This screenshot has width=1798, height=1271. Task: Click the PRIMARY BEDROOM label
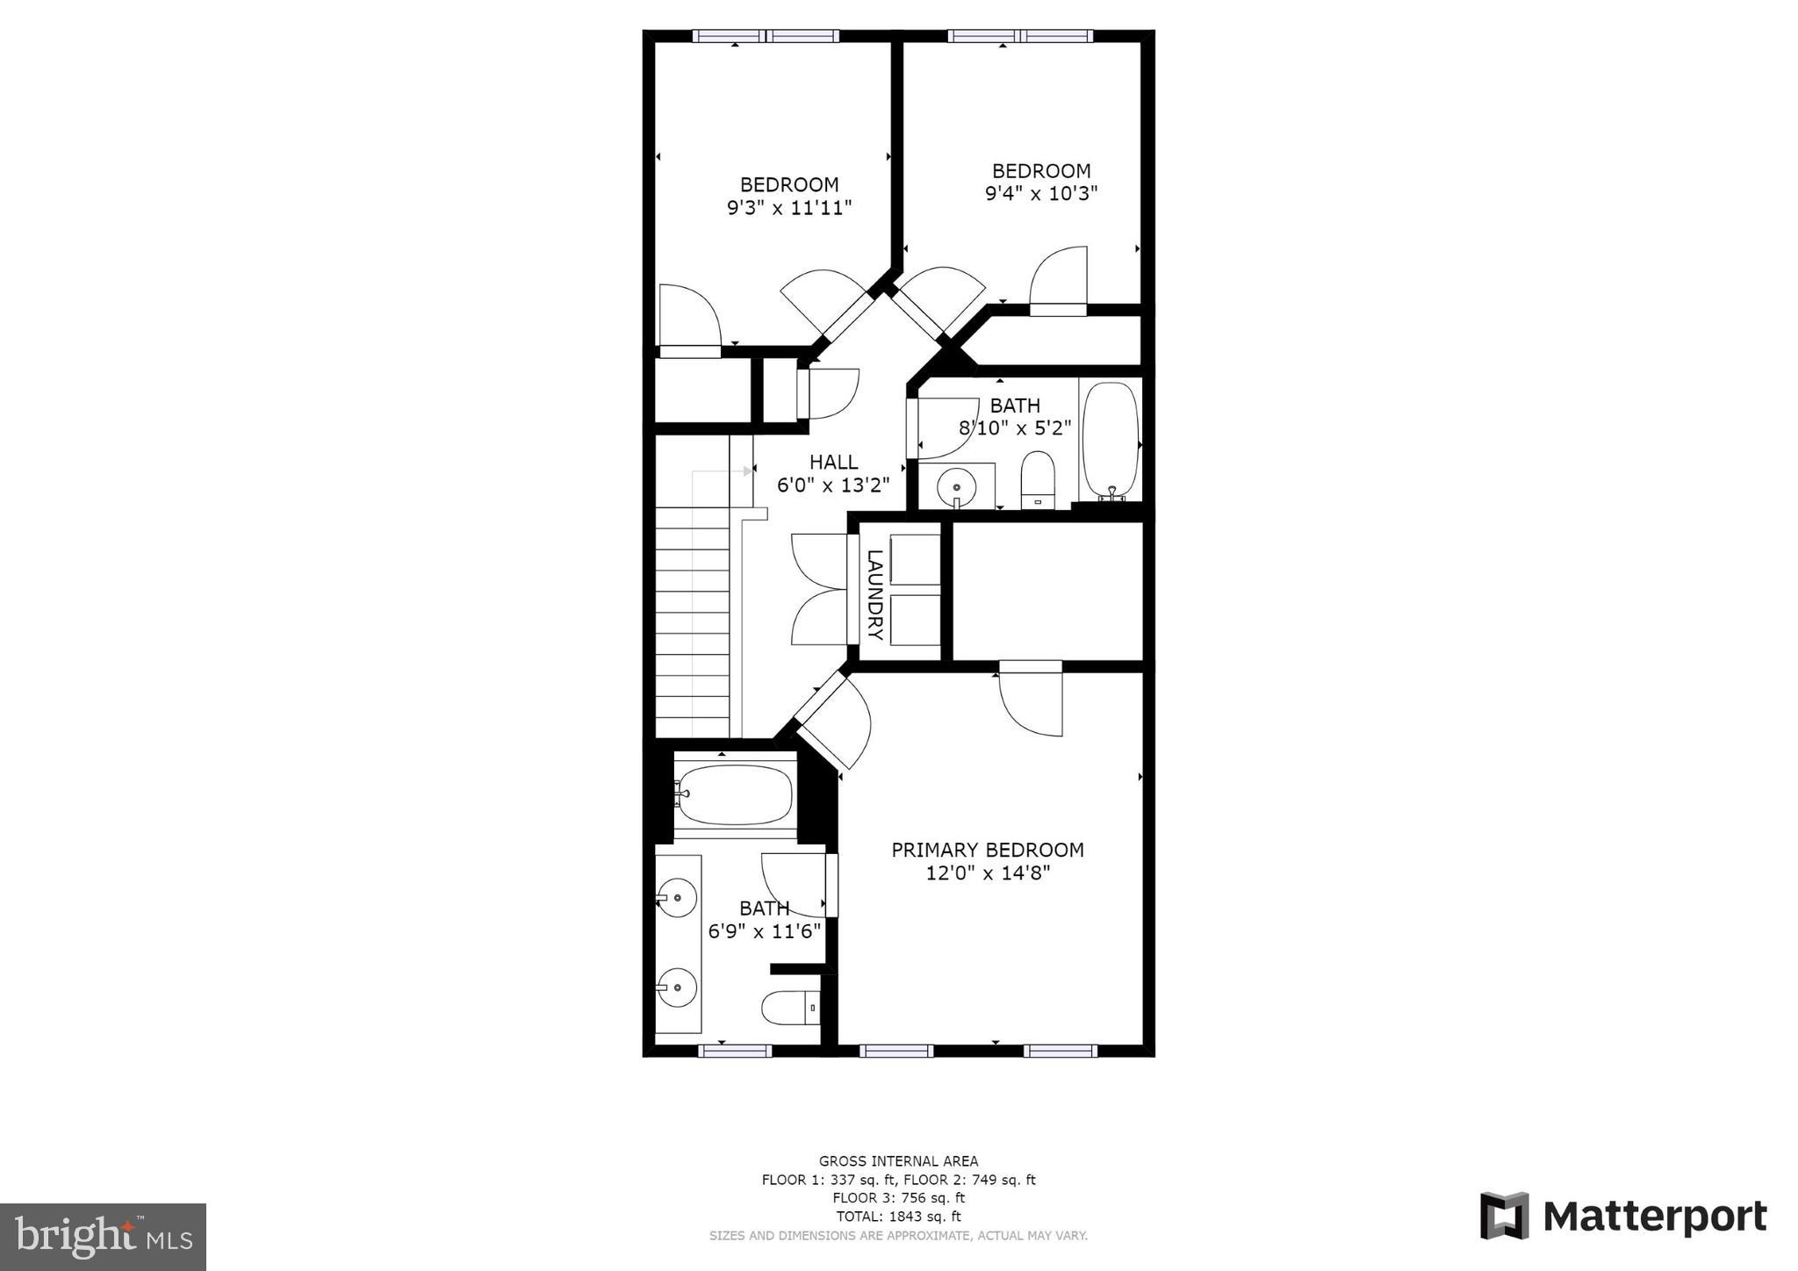pyautogui.click(x=988, y=850)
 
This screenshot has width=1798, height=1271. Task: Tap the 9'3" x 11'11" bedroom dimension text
pyautogui.click(x=789, y=208)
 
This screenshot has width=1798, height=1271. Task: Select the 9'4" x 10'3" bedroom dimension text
pyautogui.click(x=1041, y=193)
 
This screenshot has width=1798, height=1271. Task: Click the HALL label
pyautogui.click(x=833, y=462)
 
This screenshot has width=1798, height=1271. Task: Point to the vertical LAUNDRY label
pyautogui.click(x=874, y=594)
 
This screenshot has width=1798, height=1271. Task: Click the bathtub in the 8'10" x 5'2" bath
pyautogui.click(x=1111, y=441)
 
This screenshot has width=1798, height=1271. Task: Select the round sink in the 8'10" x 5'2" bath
pyautogui.click(x=956, y=485)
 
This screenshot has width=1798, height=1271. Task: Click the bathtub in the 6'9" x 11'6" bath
pyautogui.click(x=735, y=795)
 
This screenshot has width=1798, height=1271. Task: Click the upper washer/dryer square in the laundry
pyautogui.click(x=915, y=559)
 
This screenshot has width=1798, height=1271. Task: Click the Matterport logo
pyautogui.click(x=1623, y=1216)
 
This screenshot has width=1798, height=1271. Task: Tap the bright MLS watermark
pyautogui.click(x=103, y=1237)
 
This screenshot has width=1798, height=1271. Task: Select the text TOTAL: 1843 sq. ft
pyautogui.click(x=898, y=1217)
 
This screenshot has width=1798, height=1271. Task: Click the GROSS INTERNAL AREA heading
pyautogui.click(x=898, y=1161)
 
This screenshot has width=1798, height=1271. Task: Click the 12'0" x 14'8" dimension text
pyautogui.click(x=988, y=873)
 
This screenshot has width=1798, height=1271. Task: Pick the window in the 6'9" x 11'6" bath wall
pyautogui.click(x=735, y=1051)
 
